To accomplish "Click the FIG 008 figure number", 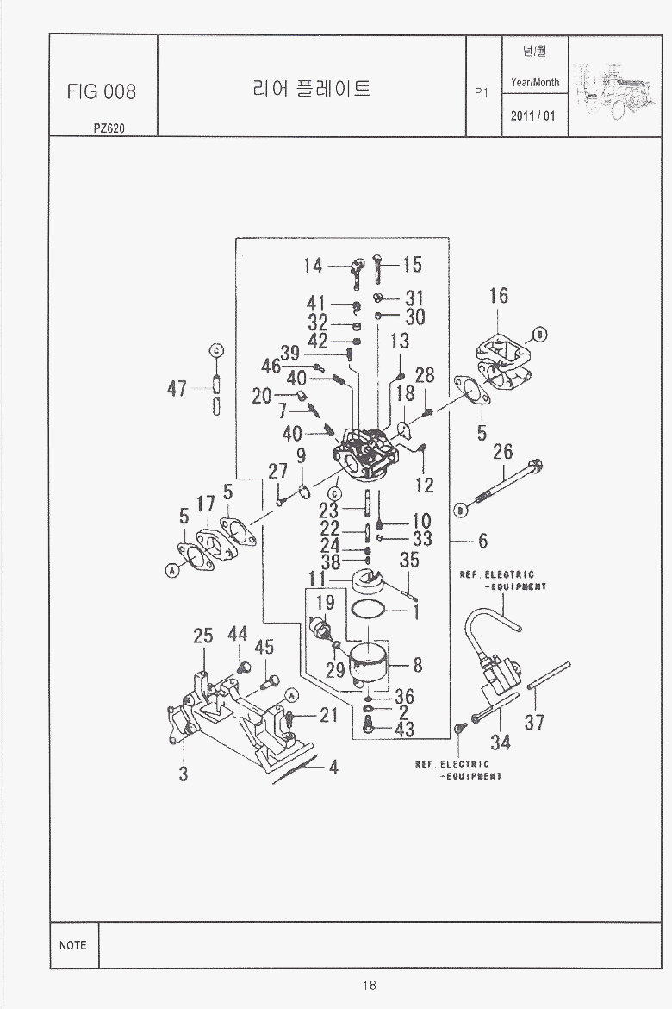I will (102, 92).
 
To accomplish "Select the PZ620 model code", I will (109, 128).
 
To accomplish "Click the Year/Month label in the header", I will (534, 83).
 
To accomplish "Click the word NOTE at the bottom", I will (73, 945).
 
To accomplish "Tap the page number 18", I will (369, 986).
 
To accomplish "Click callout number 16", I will (499, 296).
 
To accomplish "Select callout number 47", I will (177, 389).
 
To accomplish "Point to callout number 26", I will (503, 451).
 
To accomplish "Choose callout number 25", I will (203, 636).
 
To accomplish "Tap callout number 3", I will (184, 774).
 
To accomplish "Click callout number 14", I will (312, 266).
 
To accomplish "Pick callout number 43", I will (404, 730).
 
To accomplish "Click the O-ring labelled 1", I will (369, 612).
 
